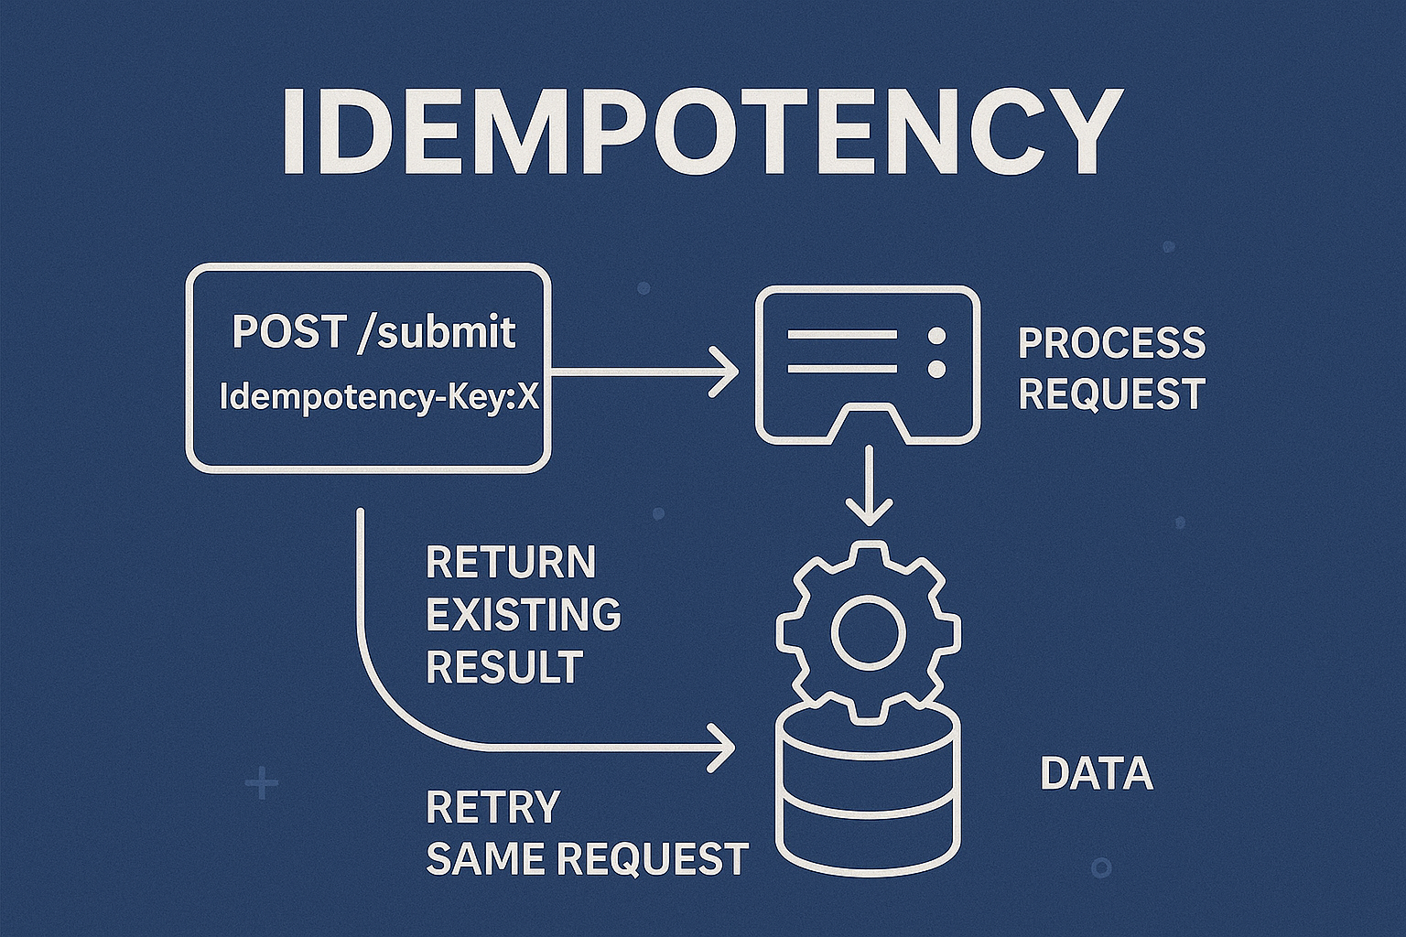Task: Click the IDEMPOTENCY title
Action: [701, 132]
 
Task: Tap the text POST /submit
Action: [373, 331]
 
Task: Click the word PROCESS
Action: [1111, 344]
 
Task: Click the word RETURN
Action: [511, 563]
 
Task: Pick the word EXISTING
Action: [524, 615]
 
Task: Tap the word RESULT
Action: [504, 667]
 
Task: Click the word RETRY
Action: [492, 807]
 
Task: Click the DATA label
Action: [1096, 774]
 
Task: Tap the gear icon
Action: [868, 631]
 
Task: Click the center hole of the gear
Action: [868, 631]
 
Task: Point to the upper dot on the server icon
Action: [936, 336]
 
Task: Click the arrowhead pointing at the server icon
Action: [728, 372]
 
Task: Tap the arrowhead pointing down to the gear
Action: [868, 511]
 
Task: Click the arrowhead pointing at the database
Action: [725, 749]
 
